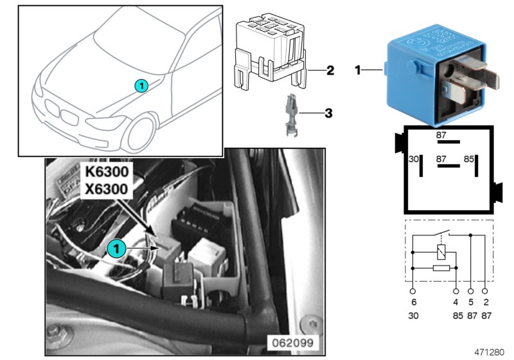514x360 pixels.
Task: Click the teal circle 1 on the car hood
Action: pos(141,85)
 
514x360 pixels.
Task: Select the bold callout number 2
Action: pos(330,70)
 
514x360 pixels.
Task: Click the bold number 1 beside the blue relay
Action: pos(359,69)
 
